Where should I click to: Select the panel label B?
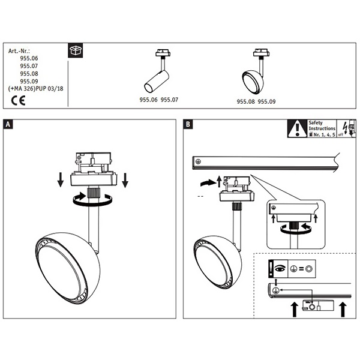[x=188, y=124]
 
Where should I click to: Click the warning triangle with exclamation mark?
[x=296, y=128]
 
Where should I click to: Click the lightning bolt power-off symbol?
[x=345, y=128]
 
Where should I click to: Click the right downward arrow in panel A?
[x=125, y=179]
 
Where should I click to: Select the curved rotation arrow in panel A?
[x=91, y=202]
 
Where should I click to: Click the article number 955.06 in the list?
[x=29, y=59]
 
